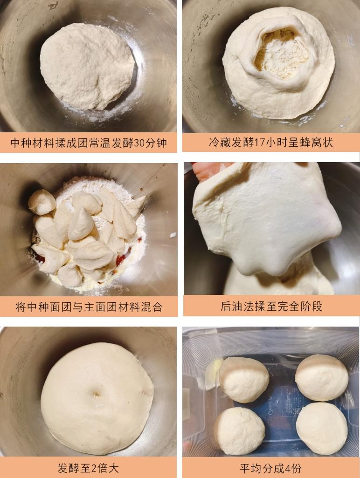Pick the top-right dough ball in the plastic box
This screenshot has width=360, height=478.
pos(322,377)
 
